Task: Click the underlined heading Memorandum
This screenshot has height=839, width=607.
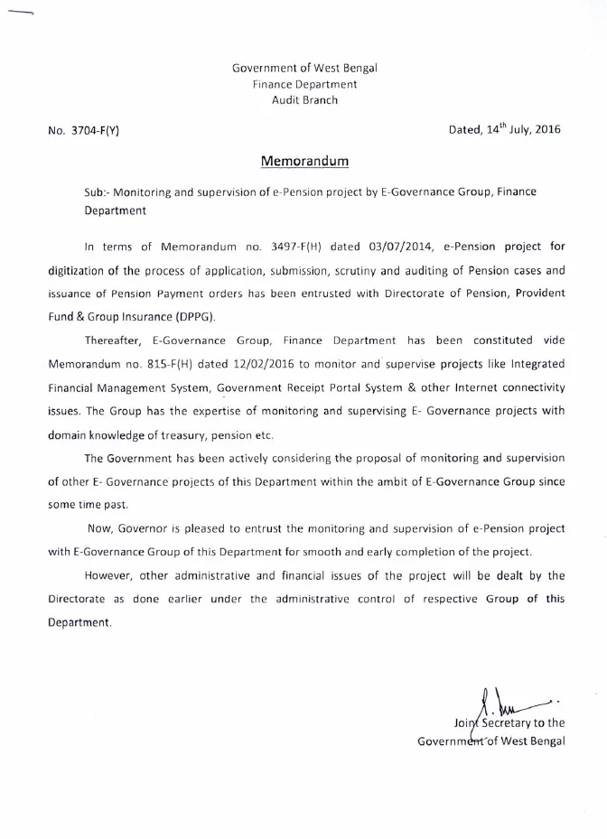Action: pyautogui.click(x=304, y=162)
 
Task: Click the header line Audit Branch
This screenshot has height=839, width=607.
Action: pyautogui.click(x=304, y=100)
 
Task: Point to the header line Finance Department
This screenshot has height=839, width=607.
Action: pyautogui.click(x=304, y=84)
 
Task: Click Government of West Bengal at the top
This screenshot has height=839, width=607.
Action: pyautogui.click(x=304, y=68)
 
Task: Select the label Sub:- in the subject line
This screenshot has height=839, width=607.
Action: pyautogui.click(x=97, y=194)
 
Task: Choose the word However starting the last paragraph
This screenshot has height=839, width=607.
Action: pyautogui.click(x=112, y=575)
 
